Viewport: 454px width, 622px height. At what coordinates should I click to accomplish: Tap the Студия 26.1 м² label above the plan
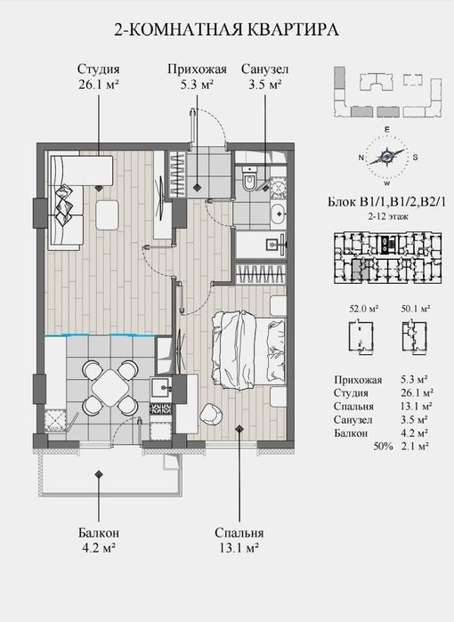tap(99, 77)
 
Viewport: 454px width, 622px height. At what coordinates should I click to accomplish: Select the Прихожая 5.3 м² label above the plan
tap(197, 77)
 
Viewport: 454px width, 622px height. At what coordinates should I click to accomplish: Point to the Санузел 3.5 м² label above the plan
tap(264, 77)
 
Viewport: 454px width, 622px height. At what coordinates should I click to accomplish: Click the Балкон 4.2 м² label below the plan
tap(99, 540)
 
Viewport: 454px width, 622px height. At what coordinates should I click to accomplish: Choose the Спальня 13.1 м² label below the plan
tap(239, 540)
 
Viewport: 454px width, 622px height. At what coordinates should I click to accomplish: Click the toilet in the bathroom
tap(249, 180)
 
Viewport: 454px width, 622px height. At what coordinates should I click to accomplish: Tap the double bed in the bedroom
tap(248, 350)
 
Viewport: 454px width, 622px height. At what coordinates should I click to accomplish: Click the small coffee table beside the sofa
tap(107, 214)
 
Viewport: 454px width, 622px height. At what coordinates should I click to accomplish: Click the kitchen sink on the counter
tap(161, 386)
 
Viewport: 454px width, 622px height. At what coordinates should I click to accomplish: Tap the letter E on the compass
tap(387, 130)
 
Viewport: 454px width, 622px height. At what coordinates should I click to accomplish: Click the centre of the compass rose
tap(387, 157)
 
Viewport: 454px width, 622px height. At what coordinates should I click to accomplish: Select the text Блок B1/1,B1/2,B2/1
tap(387, 202)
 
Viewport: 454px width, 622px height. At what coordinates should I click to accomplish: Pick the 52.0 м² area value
tap(363, 309)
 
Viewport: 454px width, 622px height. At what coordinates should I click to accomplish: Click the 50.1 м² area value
tap(416, 309)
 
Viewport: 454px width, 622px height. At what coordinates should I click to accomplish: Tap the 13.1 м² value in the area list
tap(416, 406)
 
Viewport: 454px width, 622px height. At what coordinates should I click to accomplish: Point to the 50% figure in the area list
tap(383, 447)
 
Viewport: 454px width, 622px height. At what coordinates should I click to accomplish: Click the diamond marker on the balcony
tap(99, 473)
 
